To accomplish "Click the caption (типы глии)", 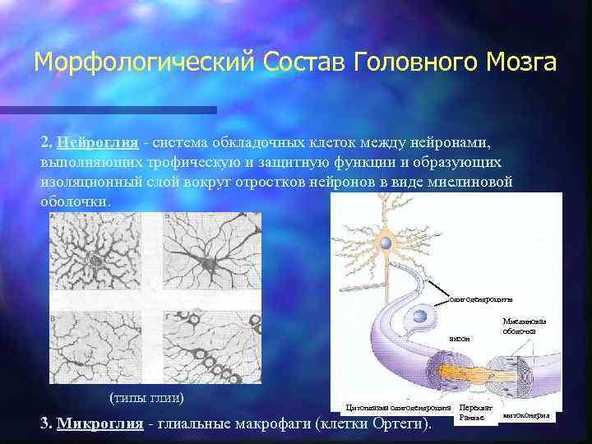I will (146, 398).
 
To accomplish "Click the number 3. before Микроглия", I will (47, 423).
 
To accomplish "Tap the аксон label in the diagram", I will (459, 338).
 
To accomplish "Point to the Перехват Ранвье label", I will (475, 412).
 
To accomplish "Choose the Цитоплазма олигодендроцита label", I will (398, 407).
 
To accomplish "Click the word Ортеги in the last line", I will (397, 423).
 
